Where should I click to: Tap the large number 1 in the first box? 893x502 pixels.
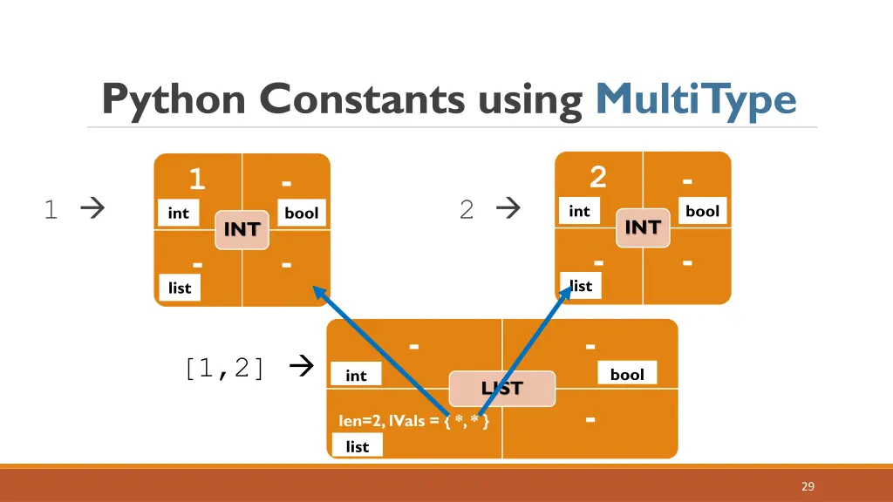pos(197,180)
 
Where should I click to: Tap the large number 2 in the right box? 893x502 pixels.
pos(597,178)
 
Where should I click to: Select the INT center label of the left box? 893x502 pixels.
pos(242,229)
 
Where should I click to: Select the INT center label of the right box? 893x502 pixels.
pos(643,227)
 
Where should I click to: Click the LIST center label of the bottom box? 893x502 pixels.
pos(502,389)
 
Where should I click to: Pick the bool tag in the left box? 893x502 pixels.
pos(302,214)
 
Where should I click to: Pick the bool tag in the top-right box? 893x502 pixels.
pos(702,211)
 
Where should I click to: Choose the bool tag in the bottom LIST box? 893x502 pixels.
pos(627,375)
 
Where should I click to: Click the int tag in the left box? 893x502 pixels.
pos(178,214)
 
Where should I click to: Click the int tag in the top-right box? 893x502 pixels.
pos(579,211)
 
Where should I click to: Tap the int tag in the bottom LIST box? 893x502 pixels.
pos(356,376)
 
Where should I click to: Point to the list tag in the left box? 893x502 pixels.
pos(180,288)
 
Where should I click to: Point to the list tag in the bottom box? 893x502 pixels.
pos(358,446)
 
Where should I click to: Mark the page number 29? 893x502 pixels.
pos(808,486)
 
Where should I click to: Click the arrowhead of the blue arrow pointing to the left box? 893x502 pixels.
pos(320,293)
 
